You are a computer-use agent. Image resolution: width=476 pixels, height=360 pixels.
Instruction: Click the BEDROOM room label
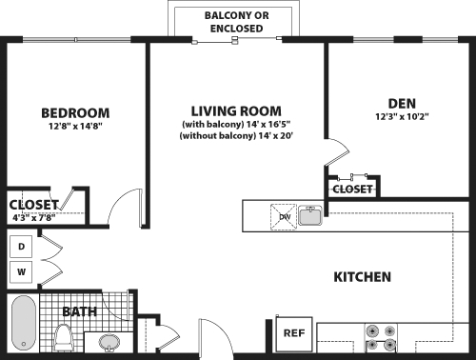75,111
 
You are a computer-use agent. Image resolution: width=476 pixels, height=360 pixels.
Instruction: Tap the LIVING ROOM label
236,110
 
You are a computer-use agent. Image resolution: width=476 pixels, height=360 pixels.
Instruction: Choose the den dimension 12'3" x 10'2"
401,118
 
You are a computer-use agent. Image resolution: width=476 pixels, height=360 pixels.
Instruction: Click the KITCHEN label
362,277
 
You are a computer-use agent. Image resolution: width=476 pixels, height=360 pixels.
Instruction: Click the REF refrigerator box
293,333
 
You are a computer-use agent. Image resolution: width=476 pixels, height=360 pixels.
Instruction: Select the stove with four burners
381,339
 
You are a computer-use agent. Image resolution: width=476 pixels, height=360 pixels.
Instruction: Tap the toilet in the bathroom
65,337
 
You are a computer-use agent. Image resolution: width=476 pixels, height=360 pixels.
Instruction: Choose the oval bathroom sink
109,342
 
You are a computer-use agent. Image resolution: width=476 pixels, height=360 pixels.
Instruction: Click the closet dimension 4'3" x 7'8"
32,216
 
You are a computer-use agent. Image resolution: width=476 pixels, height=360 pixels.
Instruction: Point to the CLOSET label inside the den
352,190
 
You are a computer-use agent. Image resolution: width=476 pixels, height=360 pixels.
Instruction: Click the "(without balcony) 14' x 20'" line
236,136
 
